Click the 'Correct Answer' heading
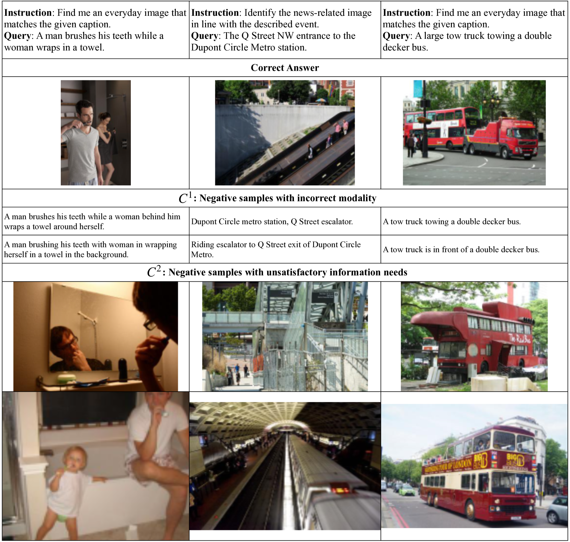[285, 68]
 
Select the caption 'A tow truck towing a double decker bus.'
[452, 221]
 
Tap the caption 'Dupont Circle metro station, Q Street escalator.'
[272, 221]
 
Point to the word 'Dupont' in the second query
[206, 47]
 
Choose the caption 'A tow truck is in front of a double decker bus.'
[461, 249]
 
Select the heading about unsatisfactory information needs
[277, 272]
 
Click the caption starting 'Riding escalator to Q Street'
[276, 249]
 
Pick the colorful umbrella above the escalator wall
[321, 100]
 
